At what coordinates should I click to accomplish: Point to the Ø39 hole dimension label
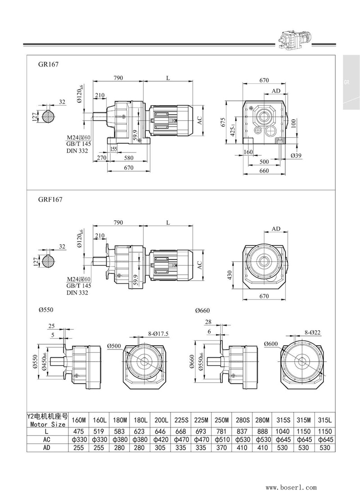(296, 155)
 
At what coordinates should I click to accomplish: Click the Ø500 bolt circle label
(115, 345)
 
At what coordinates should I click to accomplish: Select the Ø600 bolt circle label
(271, 344)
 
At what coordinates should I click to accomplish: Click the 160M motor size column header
(79, 420)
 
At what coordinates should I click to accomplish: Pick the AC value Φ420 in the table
(161, 440)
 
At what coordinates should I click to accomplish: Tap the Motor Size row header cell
(47, 420)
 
